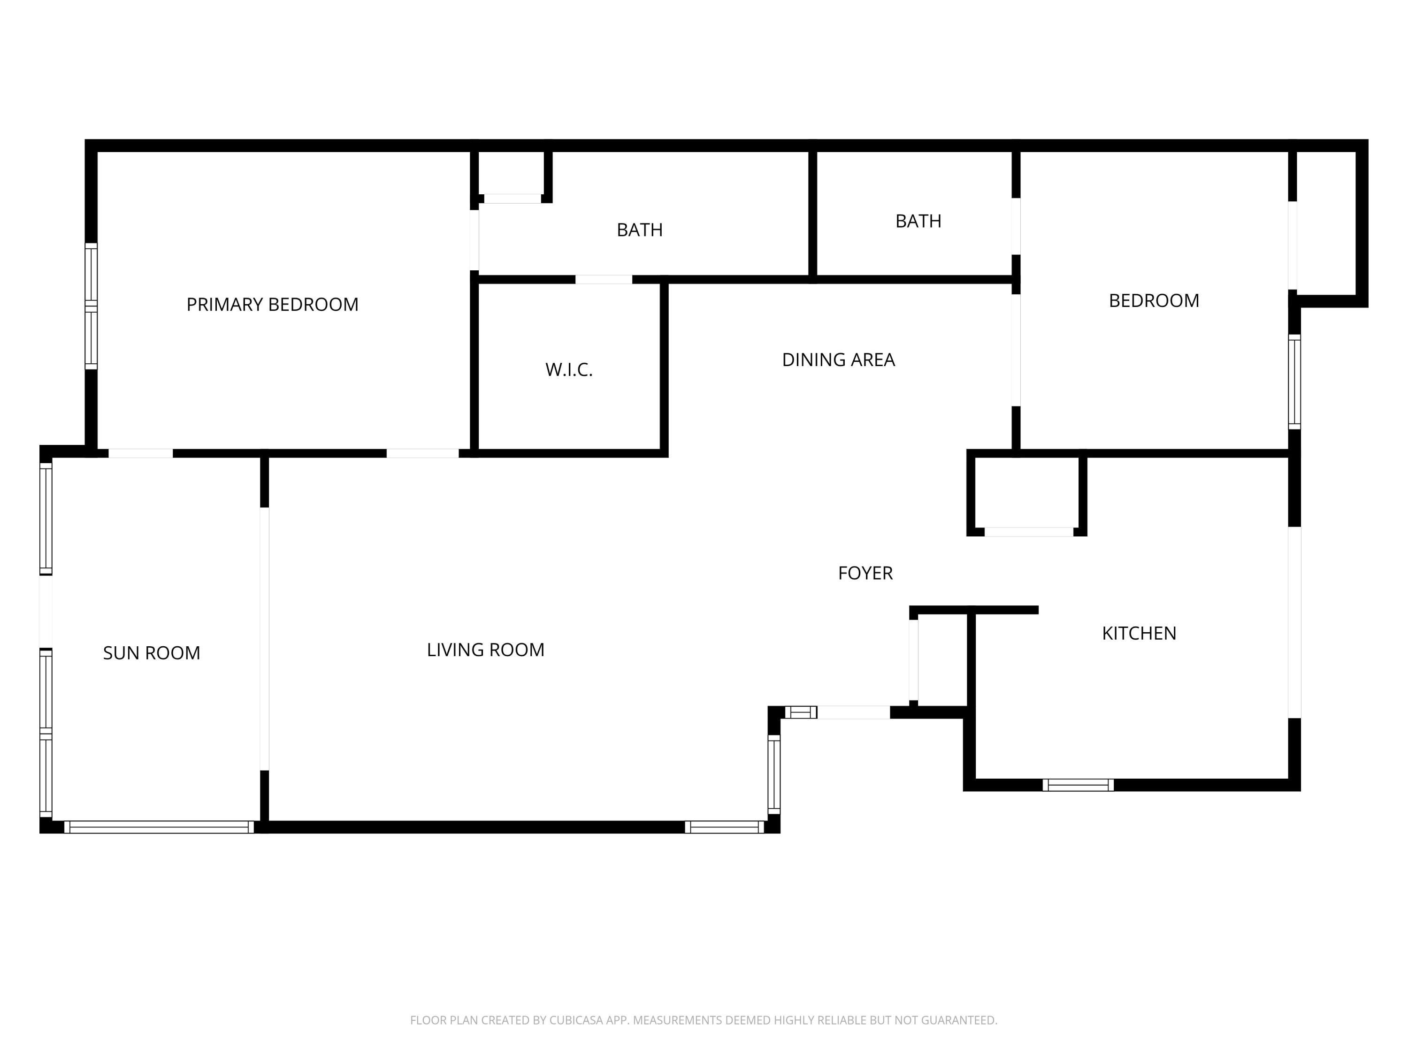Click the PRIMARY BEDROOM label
click(x=272, y=305)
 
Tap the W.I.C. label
click(x=569, y=370)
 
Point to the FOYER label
click(x=865, y=574)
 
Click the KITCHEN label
click(x=1139, y=633)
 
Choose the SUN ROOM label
click(x=152, y=653)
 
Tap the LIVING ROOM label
click(x=486, y=650)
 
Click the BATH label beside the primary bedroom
click(x=640, y=230)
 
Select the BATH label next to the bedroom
click(x=918, y=221)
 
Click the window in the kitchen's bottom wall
click(x=1078, y=785)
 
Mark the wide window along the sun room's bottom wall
click(x=159, y=827)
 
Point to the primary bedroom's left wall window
click(x=91, y=306)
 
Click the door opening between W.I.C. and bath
click(x=604, y=279)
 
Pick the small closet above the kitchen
click(x=1026, y=493)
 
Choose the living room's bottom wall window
click(x=724, y=827)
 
